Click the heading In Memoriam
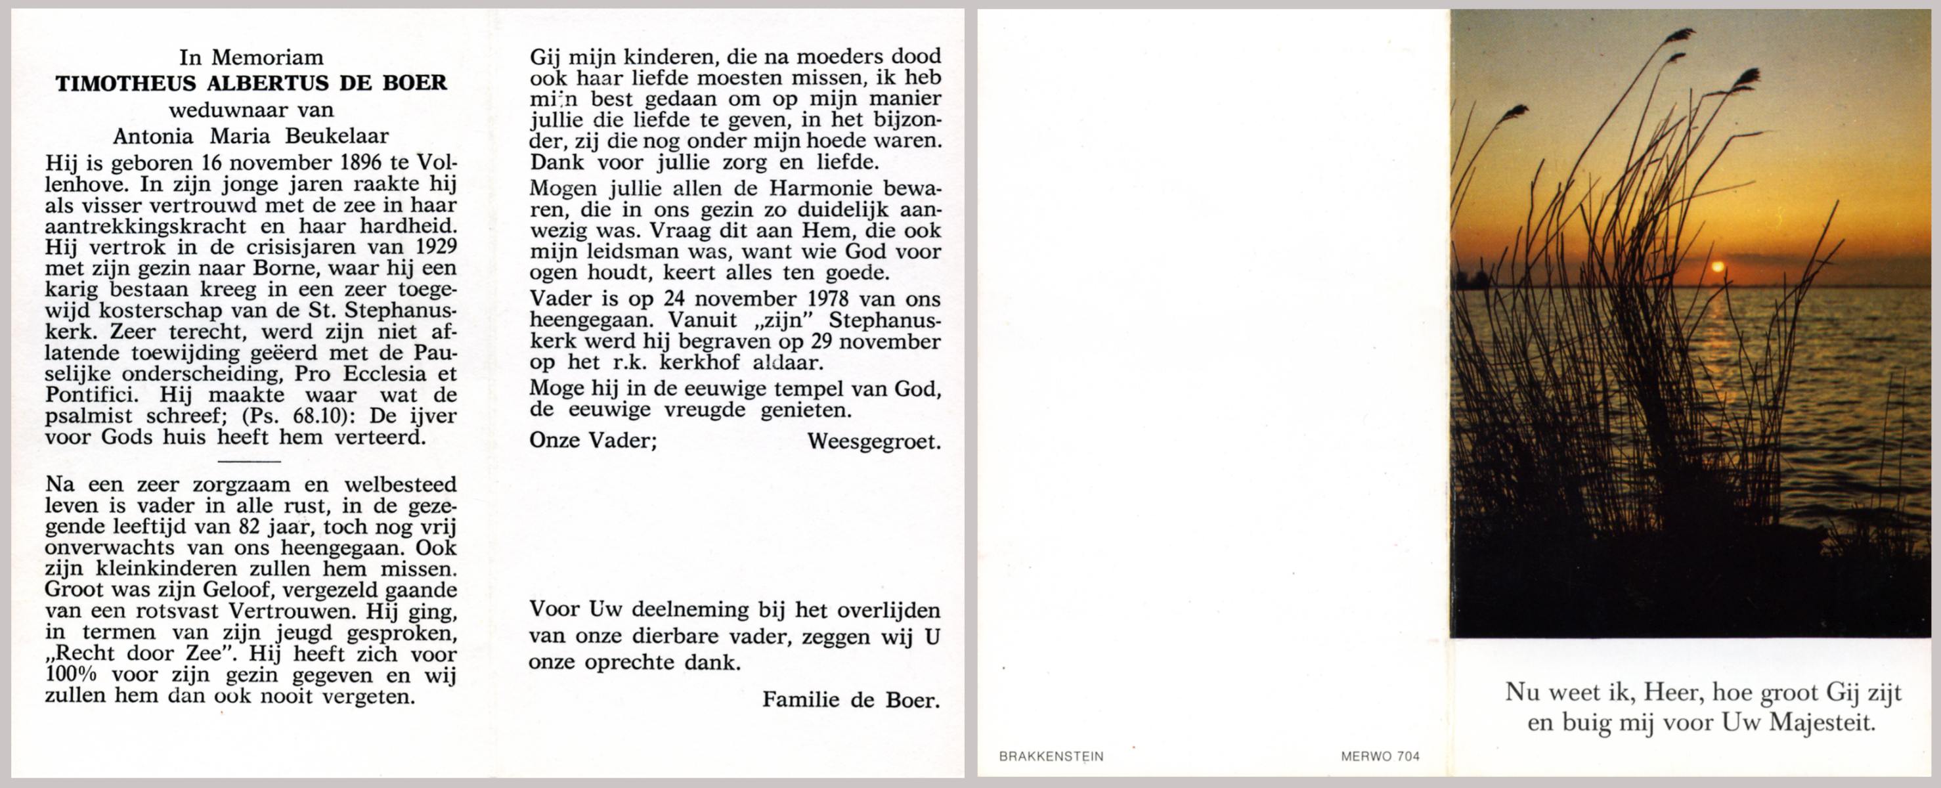(251, 57)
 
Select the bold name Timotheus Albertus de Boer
(251, 83)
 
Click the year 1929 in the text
(435, 247)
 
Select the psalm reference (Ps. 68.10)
(301, 416)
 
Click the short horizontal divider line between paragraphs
(249, 461)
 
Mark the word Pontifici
(91, 395)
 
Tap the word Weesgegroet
(874, 441)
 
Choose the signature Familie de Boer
(851, 700)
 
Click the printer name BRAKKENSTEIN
(1051, 756)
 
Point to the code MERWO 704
(1380, 756)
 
